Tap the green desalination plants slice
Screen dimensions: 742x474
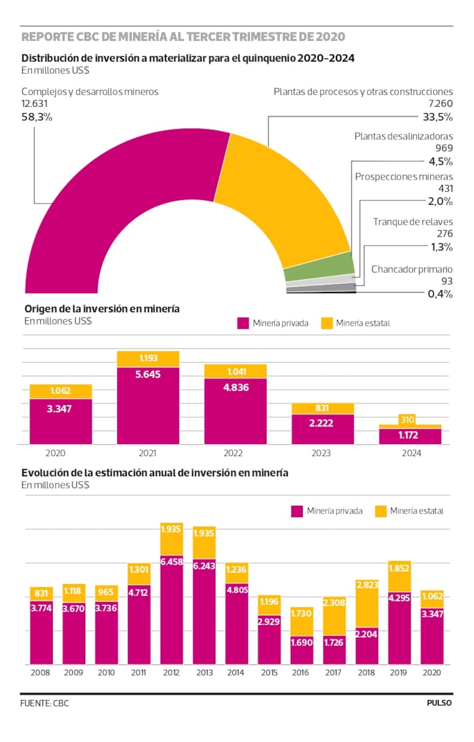(x=320, y=272)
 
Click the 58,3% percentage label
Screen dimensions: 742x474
(x=37, y=117)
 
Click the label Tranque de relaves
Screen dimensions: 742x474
(x=412, y=221)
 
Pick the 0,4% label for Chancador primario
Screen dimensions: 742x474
(x=440, y=294)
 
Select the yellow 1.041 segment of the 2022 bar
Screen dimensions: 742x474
(x=235, y=371)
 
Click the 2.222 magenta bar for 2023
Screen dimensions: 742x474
(x=323, y=428)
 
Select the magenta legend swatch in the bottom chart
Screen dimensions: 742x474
(x=297, y=511)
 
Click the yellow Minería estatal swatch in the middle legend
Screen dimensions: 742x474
(x=326, y=323)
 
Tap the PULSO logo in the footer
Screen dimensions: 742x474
(x=439, y=703)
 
